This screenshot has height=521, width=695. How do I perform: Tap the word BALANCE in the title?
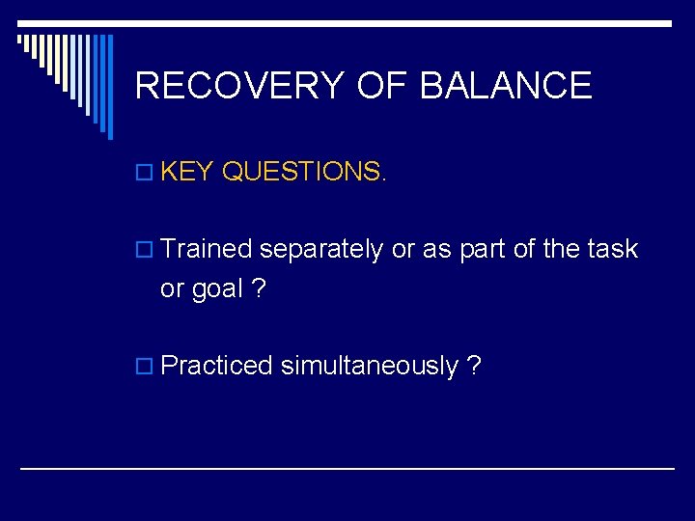[x=506, y=86]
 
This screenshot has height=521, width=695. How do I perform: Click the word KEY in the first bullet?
[x=187, y=172]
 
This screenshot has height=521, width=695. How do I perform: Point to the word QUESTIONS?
[x=304, y=172]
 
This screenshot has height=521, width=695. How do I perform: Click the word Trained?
[x=206, y=249]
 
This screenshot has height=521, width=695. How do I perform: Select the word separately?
[x=321, y=250]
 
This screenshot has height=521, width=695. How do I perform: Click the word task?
[x=612, y=249]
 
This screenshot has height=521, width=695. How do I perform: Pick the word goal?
[x=216, y=290]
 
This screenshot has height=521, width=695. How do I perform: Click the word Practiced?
[x=217, y=366]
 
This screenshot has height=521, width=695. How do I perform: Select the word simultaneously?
[x=370, y=367]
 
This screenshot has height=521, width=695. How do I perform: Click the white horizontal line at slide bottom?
[x=347, y=468]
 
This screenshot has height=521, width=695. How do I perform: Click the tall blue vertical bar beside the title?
[x=109, y=87]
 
